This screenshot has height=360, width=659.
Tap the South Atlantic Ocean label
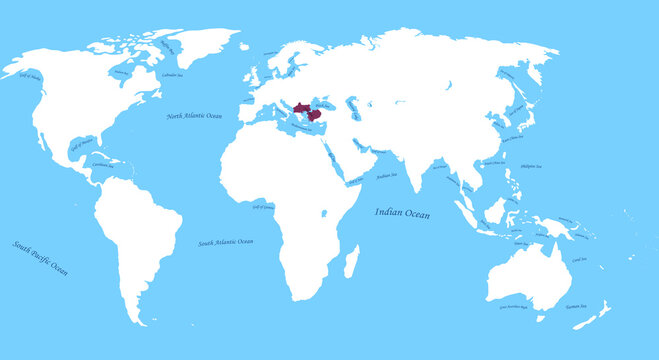[225, 242]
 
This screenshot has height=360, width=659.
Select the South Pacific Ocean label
[40, 257]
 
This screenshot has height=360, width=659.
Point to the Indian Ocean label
[402, 212]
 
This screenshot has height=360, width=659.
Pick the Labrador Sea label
[171, 75]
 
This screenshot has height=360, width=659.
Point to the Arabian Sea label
[386, 176]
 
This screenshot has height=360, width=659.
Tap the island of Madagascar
[351, 262]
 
